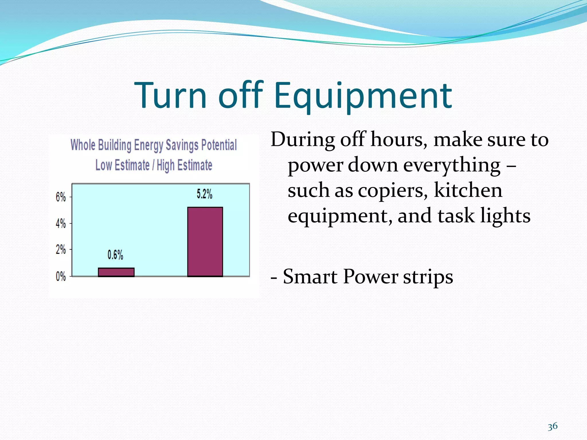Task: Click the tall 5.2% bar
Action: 205,241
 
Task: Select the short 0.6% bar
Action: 116,272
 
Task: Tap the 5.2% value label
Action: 204,194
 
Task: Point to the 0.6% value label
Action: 115,255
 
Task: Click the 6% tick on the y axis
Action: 61,197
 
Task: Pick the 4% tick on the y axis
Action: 61,223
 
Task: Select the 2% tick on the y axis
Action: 61,250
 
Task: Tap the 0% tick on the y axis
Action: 61,276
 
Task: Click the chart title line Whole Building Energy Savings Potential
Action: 154,145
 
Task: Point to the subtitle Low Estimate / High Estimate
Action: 154,165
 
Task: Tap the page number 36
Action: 552,427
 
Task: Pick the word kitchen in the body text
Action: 468,190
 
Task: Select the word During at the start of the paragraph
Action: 303,140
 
